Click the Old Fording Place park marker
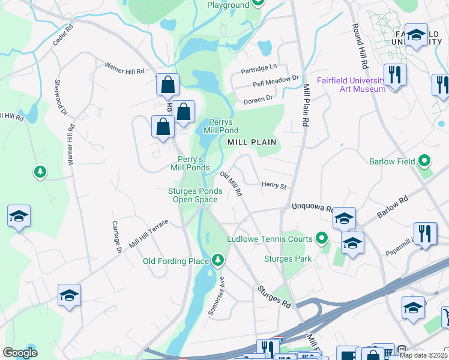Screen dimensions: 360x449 (218, 260)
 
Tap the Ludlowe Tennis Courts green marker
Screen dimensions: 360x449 (322, 239)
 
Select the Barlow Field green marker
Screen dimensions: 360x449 (425, 161)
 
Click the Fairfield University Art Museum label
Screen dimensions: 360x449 (351, 85)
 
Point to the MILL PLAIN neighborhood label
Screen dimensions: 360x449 (252, 142)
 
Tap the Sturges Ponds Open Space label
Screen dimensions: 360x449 (194, 195)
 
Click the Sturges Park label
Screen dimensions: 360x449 (288, 259)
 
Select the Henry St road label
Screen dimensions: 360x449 (274, 186)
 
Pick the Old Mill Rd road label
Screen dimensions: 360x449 (231, 184)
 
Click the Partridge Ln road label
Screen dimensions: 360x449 (259, 67)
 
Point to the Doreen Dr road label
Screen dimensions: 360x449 (258, 98)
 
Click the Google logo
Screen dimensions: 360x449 (20, 353)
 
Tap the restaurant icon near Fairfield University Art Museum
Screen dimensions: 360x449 (395, 76)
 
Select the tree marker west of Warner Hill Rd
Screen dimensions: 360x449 (40, 172)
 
